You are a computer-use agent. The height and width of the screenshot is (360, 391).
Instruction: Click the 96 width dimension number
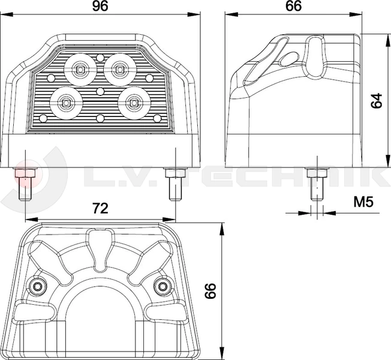coord(100,6)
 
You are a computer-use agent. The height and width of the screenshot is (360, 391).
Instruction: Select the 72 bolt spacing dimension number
coord(100,209)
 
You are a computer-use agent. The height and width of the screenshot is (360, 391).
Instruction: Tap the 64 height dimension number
coord(376,101)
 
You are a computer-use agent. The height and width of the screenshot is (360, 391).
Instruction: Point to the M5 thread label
coord(363,202)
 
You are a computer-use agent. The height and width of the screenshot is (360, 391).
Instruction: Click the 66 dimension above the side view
coord(293,6)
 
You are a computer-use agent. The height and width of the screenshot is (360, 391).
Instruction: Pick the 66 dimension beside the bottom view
coord(210,291)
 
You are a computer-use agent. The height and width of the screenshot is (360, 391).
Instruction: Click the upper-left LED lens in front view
coord(80,70)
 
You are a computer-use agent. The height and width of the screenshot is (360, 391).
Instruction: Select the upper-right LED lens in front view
coord(120,70)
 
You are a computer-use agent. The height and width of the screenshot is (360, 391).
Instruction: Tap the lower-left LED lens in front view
coord(66,103)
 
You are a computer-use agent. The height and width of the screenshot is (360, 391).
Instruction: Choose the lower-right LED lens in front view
coord(134,103)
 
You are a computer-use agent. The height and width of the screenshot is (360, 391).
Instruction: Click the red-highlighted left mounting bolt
coord(26,184)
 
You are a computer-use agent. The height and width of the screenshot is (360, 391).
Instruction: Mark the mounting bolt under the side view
coord(317,184)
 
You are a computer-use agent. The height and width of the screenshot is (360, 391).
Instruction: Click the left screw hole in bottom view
coord(37,287)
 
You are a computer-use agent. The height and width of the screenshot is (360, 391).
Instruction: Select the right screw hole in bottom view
coord(163,287)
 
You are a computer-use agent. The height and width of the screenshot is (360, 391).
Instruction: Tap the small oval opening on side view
coord(288,59)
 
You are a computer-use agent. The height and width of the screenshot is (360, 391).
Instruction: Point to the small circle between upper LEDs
coord(100,58)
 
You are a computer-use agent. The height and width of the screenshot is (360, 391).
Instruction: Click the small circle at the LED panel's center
coord(100,91)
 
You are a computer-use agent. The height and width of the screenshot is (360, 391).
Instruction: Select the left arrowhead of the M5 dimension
coord(305,213)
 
